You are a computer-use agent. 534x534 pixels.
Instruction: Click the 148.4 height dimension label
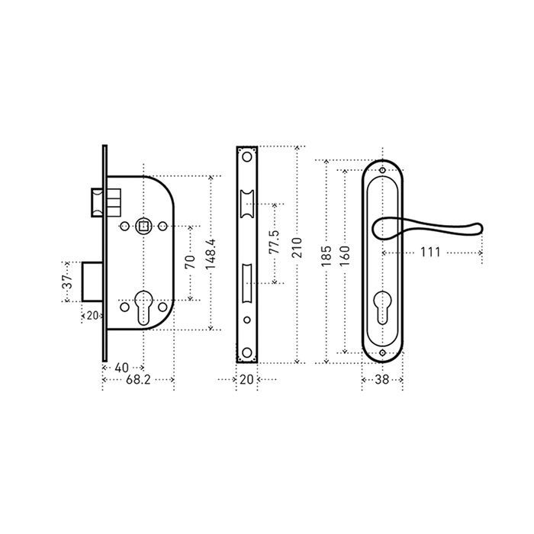211,253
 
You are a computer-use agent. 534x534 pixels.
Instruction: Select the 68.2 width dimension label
138,380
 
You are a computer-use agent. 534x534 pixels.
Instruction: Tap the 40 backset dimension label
121,368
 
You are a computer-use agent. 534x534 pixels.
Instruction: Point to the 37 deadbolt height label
68,281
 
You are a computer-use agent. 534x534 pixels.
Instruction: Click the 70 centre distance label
191,262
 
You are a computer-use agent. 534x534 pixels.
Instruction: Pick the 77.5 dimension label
274,242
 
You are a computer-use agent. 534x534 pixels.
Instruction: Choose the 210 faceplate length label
297,248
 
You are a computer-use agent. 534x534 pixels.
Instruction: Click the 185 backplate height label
327,256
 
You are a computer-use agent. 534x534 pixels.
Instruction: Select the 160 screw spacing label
345,256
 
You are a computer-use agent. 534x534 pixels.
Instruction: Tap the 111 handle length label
430,253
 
